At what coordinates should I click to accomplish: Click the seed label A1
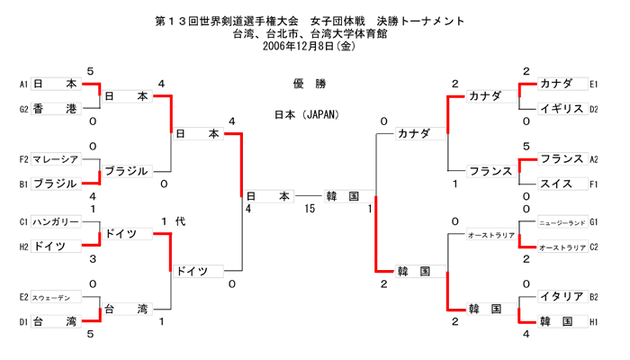[23, 84]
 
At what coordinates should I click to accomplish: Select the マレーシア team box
[55, 159]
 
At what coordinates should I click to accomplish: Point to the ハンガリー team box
[55, 221]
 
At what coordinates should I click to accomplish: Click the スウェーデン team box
[55, 296]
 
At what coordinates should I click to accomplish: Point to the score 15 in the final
[310, 209]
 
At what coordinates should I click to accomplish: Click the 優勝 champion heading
[310, 84]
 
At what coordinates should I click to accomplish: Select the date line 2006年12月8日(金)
[310, 46]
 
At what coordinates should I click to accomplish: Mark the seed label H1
[594, 321]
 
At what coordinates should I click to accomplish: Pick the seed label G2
[23, 109]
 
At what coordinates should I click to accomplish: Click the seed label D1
[23, 321]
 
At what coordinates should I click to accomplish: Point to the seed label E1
[594, 84]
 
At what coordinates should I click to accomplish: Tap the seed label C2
[594, 247]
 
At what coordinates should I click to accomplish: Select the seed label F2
[23, 159]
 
